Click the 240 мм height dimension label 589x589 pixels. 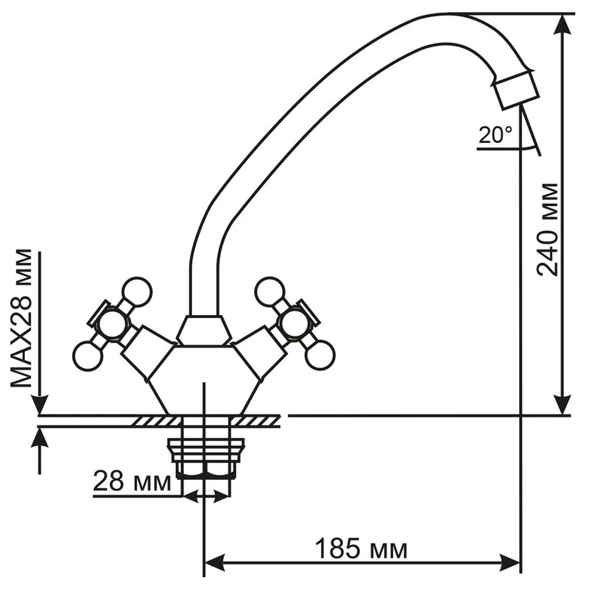[547, 230]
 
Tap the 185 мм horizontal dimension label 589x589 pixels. [361, 549]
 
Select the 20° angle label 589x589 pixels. [495, 135]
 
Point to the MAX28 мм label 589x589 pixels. [21, 317]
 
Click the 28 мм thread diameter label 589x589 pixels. [132, 482]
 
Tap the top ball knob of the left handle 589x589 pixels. [137, 292]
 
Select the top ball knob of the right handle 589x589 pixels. [269, 292]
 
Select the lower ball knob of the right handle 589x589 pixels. [320, 354]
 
